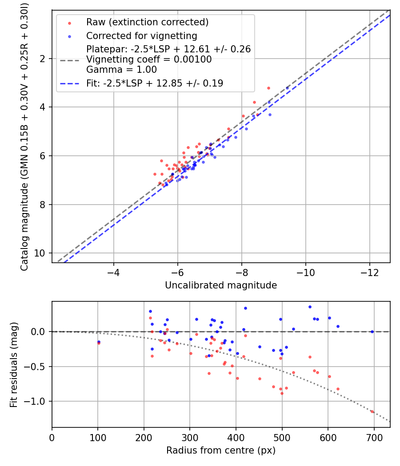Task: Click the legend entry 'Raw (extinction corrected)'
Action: (x=147, y=22)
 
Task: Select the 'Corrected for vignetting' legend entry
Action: (x=141, y=36)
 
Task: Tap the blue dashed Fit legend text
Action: (x=154, y=83)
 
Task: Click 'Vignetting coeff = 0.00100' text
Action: (x=149, y=59)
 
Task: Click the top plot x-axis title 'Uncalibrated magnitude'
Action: (x=221, y=285)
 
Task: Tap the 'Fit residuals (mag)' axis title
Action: (x=14, y=364)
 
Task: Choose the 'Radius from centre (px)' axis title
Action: (x=221, y=450)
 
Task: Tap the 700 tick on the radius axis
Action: (x=374, y=437)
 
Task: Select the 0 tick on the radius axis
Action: (x=52, y=437)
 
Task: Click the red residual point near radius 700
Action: (x=372, y=411)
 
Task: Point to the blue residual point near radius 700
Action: (x=372, y=332)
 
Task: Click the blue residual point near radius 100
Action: (x=99, y=342)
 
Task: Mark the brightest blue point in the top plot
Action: (x=287, y=88)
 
